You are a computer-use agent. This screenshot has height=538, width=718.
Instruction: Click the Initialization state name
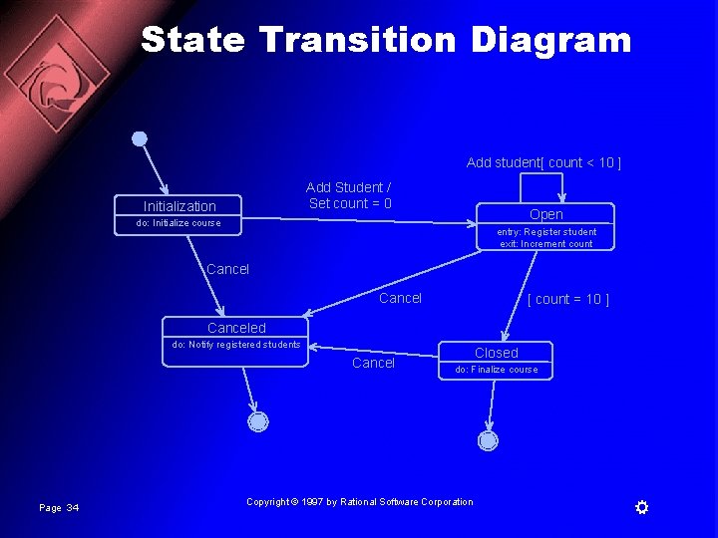coord(179,206)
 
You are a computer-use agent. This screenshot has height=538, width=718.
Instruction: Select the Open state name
coord(546,214)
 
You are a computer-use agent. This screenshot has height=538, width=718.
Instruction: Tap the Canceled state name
coord(236,328)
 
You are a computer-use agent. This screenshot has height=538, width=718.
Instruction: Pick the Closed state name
coord(496,353)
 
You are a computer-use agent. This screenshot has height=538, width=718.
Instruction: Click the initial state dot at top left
coord(140,138)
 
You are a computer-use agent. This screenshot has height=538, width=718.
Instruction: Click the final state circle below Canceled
coord(258,421)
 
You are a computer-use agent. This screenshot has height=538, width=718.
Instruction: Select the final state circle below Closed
coord(488,440)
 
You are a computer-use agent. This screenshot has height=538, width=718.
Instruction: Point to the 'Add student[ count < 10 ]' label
coord(543,162)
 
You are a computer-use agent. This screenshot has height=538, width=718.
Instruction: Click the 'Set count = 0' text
coord(350,204)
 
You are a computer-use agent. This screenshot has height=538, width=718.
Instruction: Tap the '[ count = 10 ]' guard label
coord(567,299)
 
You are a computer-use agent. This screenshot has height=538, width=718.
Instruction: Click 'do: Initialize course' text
coord(179,223)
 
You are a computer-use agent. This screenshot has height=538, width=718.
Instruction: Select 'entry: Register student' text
coord(546,232)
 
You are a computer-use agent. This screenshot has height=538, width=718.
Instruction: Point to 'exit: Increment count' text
coord(546,244)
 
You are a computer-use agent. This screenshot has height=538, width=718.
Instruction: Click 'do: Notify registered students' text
coord(236,345)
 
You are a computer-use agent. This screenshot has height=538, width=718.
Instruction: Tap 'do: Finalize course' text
coord(496,370)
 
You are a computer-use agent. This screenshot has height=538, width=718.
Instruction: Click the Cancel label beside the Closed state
coord(373,363)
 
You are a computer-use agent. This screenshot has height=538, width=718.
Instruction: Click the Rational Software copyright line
coord(360,502)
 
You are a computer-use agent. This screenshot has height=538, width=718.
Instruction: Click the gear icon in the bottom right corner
coord(642,508)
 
